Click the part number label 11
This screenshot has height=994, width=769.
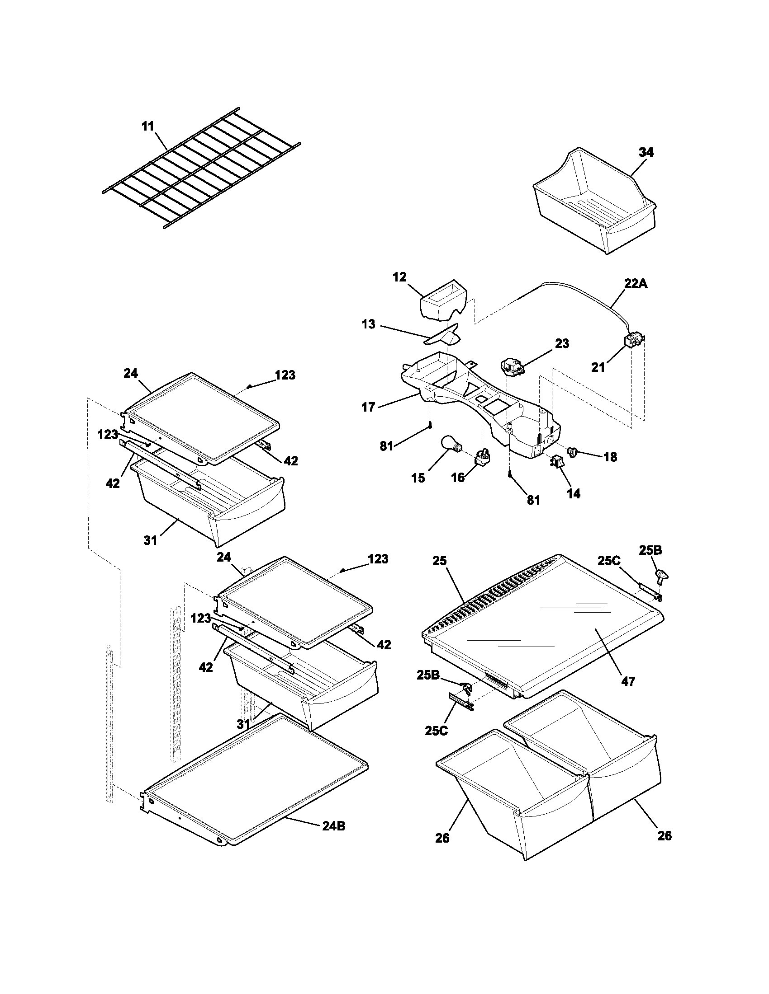click(147, 126)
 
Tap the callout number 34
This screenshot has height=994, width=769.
click(646, 152)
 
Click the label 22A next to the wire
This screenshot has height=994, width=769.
click(636, 284)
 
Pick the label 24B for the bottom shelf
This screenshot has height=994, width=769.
click(333, 825)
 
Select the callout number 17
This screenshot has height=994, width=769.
click(368, 408)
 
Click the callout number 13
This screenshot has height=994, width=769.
click(368, 324)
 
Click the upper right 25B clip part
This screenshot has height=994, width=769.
click(661, 576)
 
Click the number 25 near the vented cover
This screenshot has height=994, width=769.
click(440, 561)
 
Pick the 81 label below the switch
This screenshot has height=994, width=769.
click(533, 500)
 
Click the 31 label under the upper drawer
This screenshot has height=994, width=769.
click(150, 540)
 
